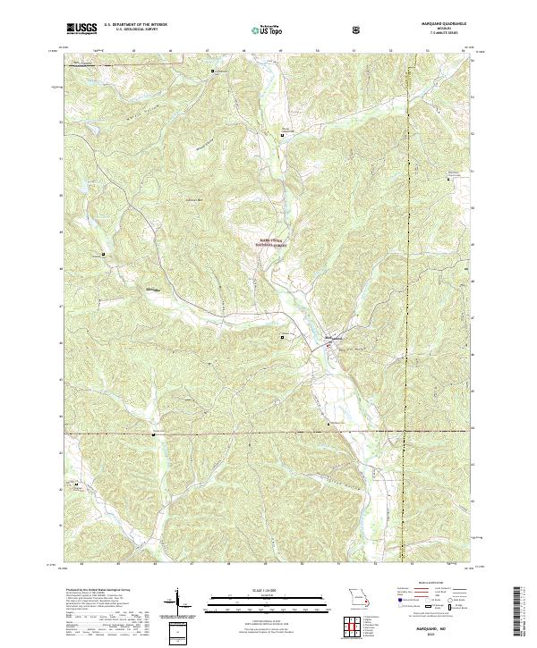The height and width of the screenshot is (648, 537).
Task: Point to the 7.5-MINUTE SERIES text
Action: (x=436, y=35)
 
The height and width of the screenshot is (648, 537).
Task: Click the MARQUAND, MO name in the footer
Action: (x=436, y=625)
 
